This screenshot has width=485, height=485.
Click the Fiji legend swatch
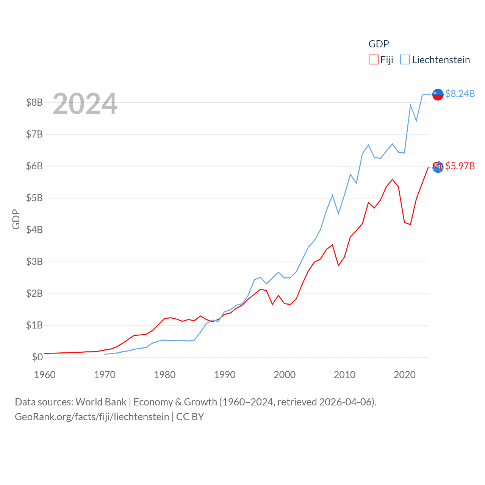[373, 60]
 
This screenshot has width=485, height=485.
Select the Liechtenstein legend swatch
[405, 60]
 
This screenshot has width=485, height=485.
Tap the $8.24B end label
[460, 94]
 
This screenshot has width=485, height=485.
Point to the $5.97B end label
[460, 166]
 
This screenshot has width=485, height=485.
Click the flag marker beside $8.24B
[438, 94]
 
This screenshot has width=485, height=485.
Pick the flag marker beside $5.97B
[438, 167]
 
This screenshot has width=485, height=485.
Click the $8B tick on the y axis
[34, 102]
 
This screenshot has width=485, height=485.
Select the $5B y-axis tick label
[34, 198]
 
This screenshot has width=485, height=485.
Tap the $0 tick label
[37, 357]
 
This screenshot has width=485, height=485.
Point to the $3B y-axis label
[34, 261]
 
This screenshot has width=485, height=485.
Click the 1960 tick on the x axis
[45, 375]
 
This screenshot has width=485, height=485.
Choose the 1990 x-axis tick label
[225, 375]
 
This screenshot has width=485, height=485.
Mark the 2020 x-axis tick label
[405, 375]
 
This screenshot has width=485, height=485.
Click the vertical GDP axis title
[16, 219]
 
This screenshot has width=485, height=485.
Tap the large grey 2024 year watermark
[85, 104]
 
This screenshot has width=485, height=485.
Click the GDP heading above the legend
[379, 44]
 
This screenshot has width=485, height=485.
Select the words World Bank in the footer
[101, 402]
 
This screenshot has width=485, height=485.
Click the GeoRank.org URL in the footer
[92, 417]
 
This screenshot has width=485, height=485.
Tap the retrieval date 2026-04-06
[346, 402]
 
